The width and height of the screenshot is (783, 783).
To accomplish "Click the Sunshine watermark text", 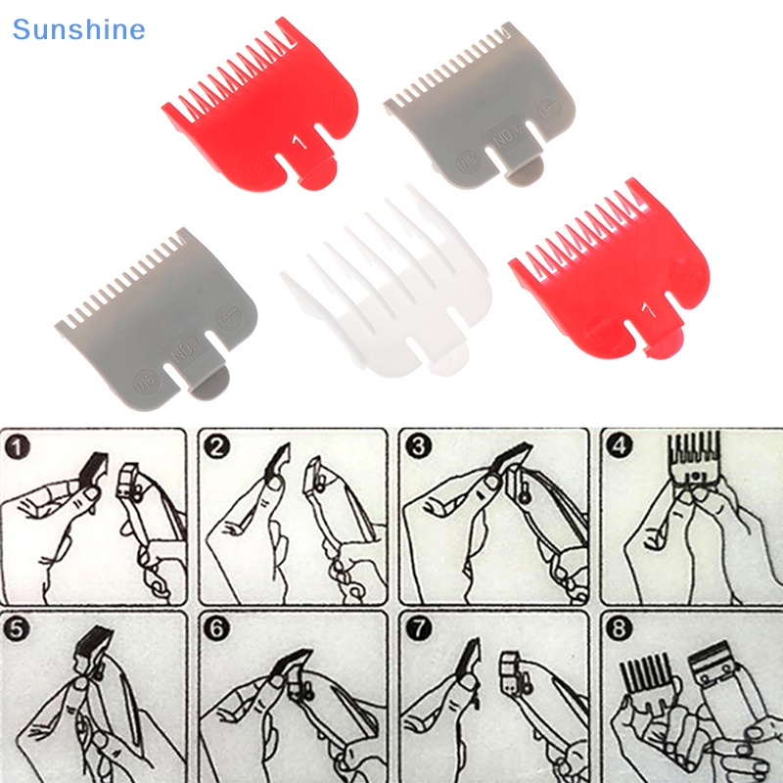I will pyautogui.click(x=78, y=29).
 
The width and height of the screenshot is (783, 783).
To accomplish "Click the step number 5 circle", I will pyautogui.click(x=17, y=628).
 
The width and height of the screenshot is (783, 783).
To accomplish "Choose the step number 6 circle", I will pyautogui.click(x=216, y=628).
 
